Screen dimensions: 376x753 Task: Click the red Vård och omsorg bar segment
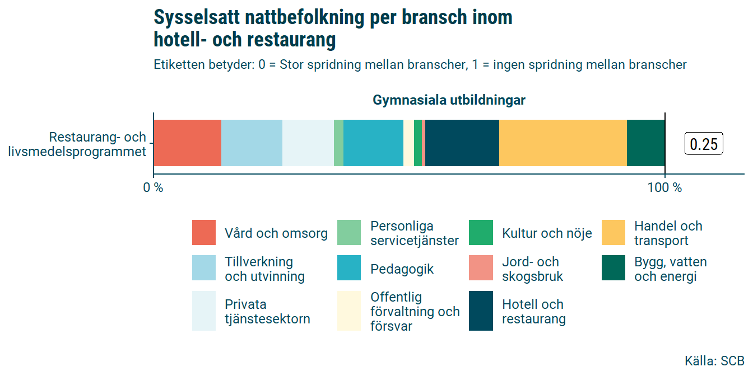click(x=187, y=143)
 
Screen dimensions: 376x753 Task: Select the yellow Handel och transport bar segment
click(x=563, y=143)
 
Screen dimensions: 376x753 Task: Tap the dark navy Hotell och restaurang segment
click(x=462, y=143)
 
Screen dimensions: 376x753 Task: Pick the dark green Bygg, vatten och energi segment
click(x=645, y=143)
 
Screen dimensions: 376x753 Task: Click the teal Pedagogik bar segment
click(x=373, y=143)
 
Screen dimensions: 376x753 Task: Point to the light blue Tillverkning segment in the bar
click(x=252, y=143)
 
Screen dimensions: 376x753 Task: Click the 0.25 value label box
click(x=704, y=144)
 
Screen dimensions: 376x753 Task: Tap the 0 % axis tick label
click(x=153, y=188)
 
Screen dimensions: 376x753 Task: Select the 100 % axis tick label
click(x=664, y=188)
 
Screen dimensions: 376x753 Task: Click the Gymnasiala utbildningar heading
click(x=449, y=101)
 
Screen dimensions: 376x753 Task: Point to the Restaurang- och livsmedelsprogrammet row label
click(x=78, y=144)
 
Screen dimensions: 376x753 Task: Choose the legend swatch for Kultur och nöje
click(x=481, y=233)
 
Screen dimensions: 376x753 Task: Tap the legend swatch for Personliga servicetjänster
click(x=348, y=233)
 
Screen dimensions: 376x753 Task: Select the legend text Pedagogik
click(x=402, y=269)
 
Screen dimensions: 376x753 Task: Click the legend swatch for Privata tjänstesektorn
click(x=203, y=311)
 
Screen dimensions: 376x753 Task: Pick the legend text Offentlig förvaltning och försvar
click(x=415, y=312)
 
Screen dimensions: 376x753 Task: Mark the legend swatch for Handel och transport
click(x=613, y=233)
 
